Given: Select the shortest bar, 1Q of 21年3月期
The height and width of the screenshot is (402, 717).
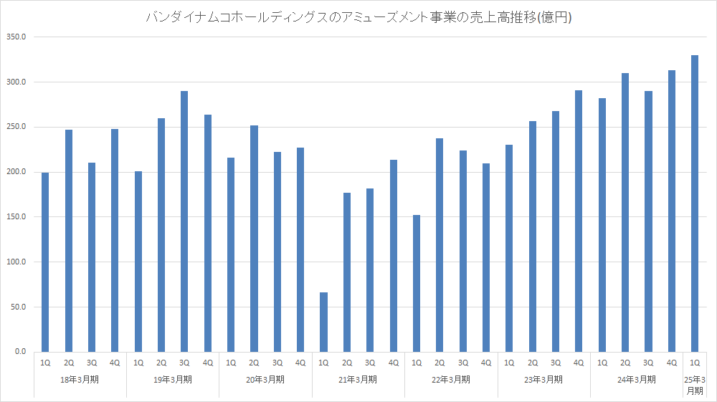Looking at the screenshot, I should [323, 322].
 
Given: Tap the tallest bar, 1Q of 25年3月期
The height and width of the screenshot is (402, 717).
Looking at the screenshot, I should [694, 204].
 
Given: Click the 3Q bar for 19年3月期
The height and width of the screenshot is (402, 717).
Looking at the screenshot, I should [184, 221].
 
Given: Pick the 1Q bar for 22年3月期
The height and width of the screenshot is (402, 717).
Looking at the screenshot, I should [416, 283].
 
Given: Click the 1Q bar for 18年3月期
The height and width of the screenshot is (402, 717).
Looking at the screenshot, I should [45, 262].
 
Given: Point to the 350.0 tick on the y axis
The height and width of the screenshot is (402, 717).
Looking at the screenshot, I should [15, 37].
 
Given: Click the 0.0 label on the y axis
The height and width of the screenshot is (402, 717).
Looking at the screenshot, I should [19, 352].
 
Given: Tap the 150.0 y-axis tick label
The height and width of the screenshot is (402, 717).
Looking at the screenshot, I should [15, 217].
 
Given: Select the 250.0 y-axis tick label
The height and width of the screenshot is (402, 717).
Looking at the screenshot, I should [15, 127].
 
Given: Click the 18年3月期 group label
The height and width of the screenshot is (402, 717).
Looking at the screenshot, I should [80, 379].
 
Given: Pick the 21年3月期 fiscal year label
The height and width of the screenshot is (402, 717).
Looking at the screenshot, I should [358, 379].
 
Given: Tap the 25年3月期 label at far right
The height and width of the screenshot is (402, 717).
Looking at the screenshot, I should [694, 385].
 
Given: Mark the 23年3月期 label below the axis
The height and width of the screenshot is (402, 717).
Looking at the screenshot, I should [543, 379].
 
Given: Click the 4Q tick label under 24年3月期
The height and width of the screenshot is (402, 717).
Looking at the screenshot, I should [671, 363].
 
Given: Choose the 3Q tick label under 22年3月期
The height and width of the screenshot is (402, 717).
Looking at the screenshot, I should [462, 363].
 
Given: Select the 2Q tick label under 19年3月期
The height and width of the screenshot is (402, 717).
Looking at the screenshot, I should [161, 363].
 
